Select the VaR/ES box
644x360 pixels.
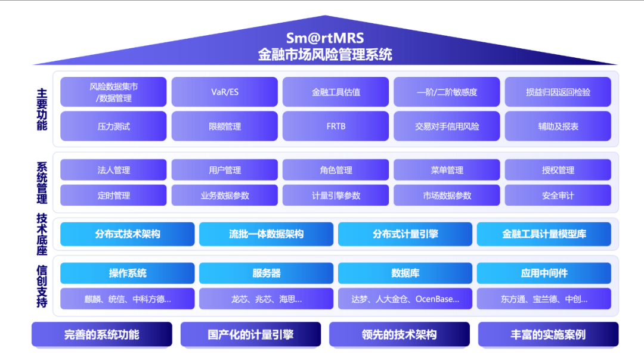[225, 92]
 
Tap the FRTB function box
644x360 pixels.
[336, 126]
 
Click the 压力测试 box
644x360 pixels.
[114, 126]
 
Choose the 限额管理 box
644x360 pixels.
[225, 126]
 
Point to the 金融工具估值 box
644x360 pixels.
[336, 92]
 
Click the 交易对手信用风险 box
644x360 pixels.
[447, 126]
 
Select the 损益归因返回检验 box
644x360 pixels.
[558, 92]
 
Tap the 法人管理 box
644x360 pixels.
[114, 170]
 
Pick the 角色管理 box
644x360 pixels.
[336, 170]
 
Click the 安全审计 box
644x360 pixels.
[558, 195]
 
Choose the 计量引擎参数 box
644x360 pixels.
[336, 195]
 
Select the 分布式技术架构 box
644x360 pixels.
[128, 234]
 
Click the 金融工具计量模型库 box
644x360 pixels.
[544, 234]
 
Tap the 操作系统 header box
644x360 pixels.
[128, 273]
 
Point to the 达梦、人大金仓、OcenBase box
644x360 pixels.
[405, 299]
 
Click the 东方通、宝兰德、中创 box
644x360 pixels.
[544, 299]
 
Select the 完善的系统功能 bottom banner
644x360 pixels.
[101, 334]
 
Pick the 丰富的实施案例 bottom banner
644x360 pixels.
[548, 334]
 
